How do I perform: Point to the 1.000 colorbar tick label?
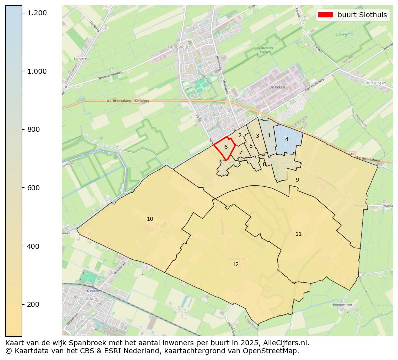[x=37, y=71]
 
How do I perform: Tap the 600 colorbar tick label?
[x=34, y=188]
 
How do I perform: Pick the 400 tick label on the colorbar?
[x=34, y=246]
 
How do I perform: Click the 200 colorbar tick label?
[x=34, y=304]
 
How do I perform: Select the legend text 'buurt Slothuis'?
[x=362, y=15]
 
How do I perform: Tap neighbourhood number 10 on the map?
[x=150, y=219]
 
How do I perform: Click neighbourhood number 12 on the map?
[x=235, y=264]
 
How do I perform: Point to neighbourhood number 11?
[x=298, y=234]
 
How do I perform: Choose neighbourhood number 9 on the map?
[x=297, y=180]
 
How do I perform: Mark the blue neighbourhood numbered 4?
[x=287, y=139]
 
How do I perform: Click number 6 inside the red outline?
[x=226, y=147]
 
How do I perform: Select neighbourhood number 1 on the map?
[x=269, y=135]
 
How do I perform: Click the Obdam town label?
[x=92, y=291]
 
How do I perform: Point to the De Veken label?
[x=277, y=87]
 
